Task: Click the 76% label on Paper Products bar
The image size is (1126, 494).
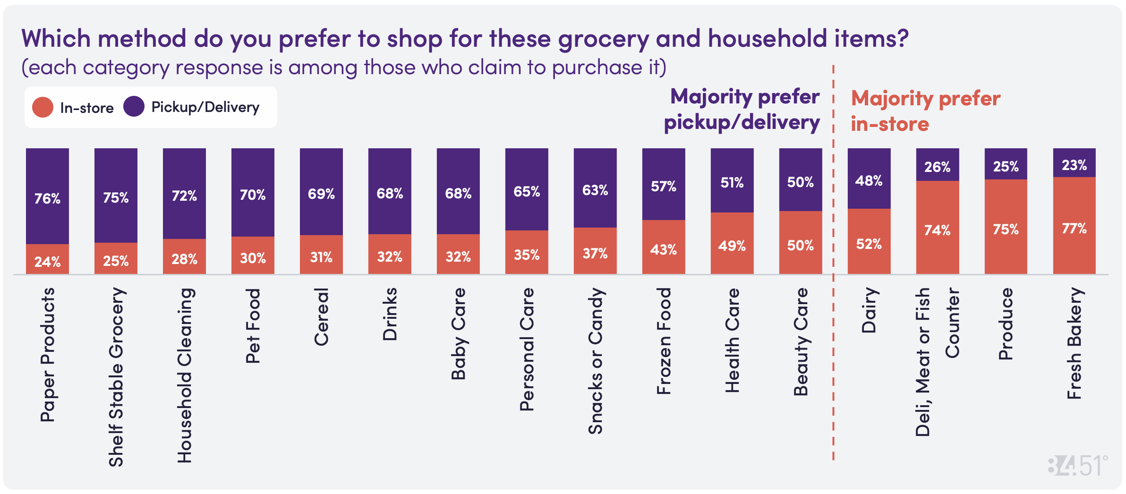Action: point(47,198)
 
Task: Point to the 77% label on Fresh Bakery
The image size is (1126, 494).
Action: point(1074,229)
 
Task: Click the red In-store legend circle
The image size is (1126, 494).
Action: point(43,107)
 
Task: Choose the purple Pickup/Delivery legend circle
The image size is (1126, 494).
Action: point(134,106)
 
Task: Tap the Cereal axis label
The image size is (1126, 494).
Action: point(321,316)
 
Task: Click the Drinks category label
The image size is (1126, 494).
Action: point(390,314)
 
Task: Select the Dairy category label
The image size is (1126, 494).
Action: point(869,310)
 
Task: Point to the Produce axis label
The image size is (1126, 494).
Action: point(1006,324)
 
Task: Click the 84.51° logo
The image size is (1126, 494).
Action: point(1077,466)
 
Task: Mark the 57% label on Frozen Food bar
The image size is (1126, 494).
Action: point(663,187)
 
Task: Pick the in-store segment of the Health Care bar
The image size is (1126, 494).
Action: point(732,244)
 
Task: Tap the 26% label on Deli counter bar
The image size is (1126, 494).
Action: point(937,167)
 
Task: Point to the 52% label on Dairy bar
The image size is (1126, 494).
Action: point(869,244)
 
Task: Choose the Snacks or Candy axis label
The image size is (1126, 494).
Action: point(595,361)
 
